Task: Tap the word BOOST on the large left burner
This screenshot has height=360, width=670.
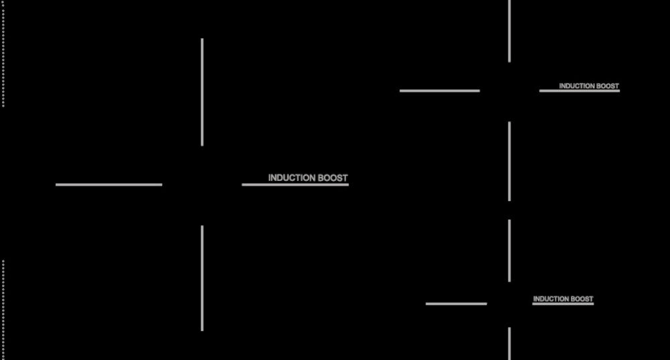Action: [333, 178]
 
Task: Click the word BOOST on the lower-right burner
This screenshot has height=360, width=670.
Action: [582, 299]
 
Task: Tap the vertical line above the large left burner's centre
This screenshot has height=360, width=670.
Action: [202, 92]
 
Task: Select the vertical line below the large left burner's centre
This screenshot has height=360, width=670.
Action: [202, 278]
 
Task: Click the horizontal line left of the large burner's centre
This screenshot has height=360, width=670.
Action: [109, 184]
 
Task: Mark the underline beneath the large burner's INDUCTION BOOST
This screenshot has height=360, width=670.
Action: [295, 184]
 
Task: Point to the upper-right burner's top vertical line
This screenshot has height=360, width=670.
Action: [509, 31]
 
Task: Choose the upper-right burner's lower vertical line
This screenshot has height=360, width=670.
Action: [509, 161]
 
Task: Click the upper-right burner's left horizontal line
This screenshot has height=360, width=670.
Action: [440, 91]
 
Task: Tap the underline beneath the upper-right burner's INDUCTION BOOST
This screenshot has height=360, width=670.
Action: [580, 91]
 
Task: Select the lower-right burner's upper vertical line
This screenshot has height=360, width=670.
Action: [509, 250]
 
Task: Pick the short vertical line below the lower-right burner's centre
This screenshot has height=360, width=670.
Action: [509, 343]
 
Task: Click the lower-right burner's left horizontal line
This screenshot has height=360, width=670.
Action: [456, 304]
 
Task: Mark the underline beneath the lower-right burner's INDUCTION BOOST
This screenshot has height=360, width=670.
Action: [563, 304]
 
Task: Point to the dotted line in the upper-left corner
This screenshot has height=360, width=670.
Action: [3, 54]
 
